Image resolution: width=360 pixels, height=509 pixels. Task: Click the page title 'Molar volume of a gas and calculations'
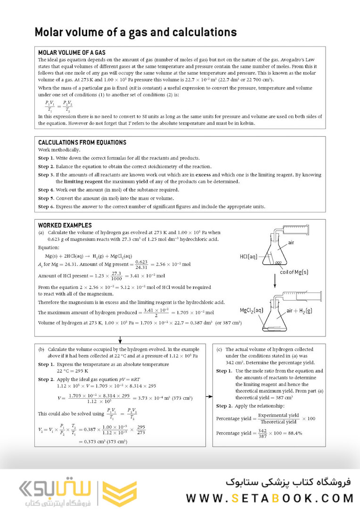135,32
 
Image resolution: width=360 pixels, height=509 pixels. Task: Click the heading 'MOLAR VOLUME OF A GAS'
72,53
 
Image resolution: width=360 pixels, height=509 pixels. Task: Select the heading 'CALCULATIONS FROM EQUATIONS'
82,142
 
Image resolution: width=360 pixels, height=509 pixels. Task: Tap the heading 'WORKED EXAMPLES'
65,225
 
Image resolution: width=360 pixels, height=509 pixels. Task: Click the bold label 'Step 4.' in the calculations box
46,190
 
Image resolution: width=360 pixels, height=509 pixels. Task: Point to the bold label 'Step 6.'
46,206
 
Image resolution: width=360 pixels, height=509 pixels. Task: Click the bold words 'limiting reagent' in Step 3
83,181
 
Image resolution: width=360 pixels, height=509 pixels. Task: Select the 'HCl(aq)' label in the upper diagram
249,256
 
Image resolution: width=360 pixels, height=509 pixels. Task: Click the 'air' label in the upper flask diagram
293,243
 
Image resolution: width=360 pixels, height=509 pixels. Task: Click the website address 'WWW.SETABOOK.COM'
270,498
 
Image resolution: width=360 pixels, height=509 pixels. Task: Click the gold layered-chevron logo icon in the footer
113,493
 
